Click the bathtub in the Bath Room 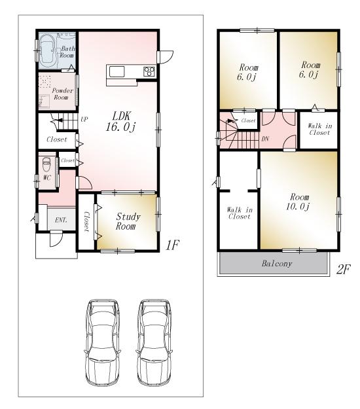click(x=46, y=50)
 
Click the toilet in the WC click(x=46, y=164)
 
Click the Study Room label click(x=126, y=221)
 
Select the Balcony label click(x=278, y=264)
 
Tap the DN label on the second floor click(x=266, y=139)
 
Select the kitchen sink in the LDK click(x=117, y=71)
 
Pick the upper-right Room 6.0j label click(x=309, y=69)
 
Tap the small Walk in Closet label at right click(x=319, y=129)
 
